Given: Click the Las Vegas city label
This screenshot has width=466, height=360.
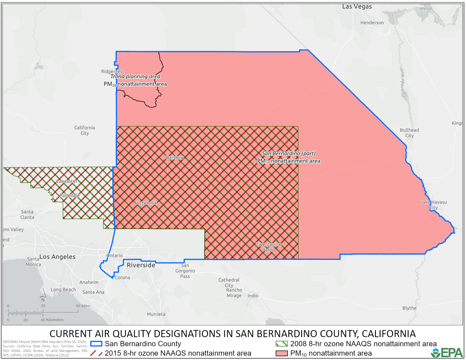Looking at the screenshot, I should point(357,7).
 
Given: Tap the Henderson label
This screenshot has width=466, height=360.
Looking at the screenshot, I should point(372,23).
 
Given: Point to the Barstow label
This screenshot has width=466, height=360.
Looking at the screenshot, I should point(175,157).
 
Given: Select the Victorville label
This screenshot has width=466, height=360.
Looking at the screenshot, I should point(146,203).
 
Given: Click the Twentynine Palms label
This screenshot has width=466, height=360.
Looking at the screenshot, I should point(269,247).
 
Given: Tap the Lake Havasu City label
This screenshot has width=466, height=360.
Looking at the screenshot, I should point(433,205).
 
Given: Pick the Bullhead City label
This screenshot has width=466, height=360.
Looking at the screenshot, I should point(409,133).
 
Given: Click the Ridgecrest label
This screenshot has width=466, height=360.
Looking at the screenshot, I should point(113,71).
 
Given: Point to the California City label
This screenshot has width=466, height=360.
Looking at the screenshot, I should point(85,130).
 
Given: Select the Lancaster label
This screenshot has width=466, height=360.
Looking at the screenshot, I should point(67,181).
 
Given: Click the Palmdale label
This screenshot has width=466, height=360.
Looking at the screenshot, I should point(70,196).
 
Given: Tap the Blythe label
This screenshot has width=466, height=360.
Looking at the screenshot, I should point(409,308).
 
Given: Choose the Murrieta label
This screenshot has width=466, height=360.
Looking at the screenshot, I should point(156,314).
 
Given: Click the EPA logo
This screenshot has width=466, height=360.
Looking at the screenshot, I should point(447,352).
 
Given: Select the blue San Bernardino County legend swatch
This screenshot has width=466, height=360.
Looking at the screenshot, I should point(96,344).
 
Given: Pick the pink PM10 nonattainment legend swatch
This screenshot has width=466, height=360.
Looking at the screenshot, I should point(282,353).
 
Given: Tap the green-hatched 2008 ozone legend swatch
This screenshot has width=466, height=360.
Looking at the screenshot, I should point(282,344).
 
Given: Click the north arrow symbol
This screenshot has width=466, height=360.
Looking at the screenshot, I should point(43,297).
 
